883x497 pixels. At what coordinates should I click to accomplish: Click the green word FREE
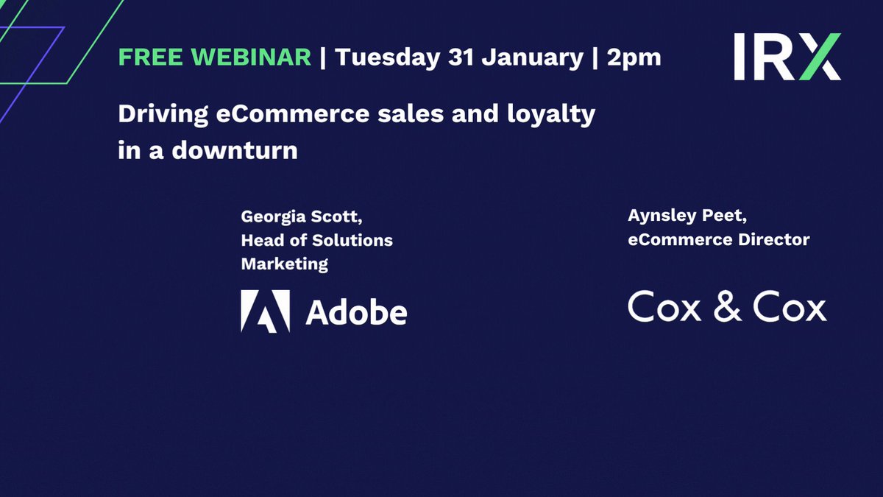point(150,57)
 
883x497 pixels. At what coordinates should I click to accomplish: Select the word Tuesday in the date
point(388,58)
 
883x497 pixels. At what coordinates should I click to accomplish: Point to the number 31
point(461,57)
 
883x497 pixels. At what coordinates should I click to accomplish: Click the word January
point(532,58)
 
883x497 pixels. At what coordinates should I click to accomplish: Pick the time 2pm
point(634,59)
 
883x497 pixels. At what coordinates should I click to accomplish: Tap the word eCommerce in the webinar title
point(293,113)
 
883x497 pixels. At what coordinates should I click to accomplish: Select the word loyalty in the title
point(551,115)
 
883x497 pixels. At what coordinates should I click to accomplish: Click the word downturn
point(235,150)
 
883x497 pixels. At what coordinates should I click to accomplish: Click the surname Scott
point(337,217)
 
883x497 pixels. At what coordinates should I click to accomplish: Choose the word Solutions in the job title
point(352,240)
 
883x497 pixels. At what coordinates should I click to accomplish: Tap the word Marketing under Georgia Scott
point(284,264)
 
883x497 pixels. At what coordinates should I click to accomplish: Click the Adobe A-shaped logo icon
point(266,311)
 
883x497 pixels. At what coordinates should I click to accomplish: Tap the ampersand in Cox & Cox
point(727,306)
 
